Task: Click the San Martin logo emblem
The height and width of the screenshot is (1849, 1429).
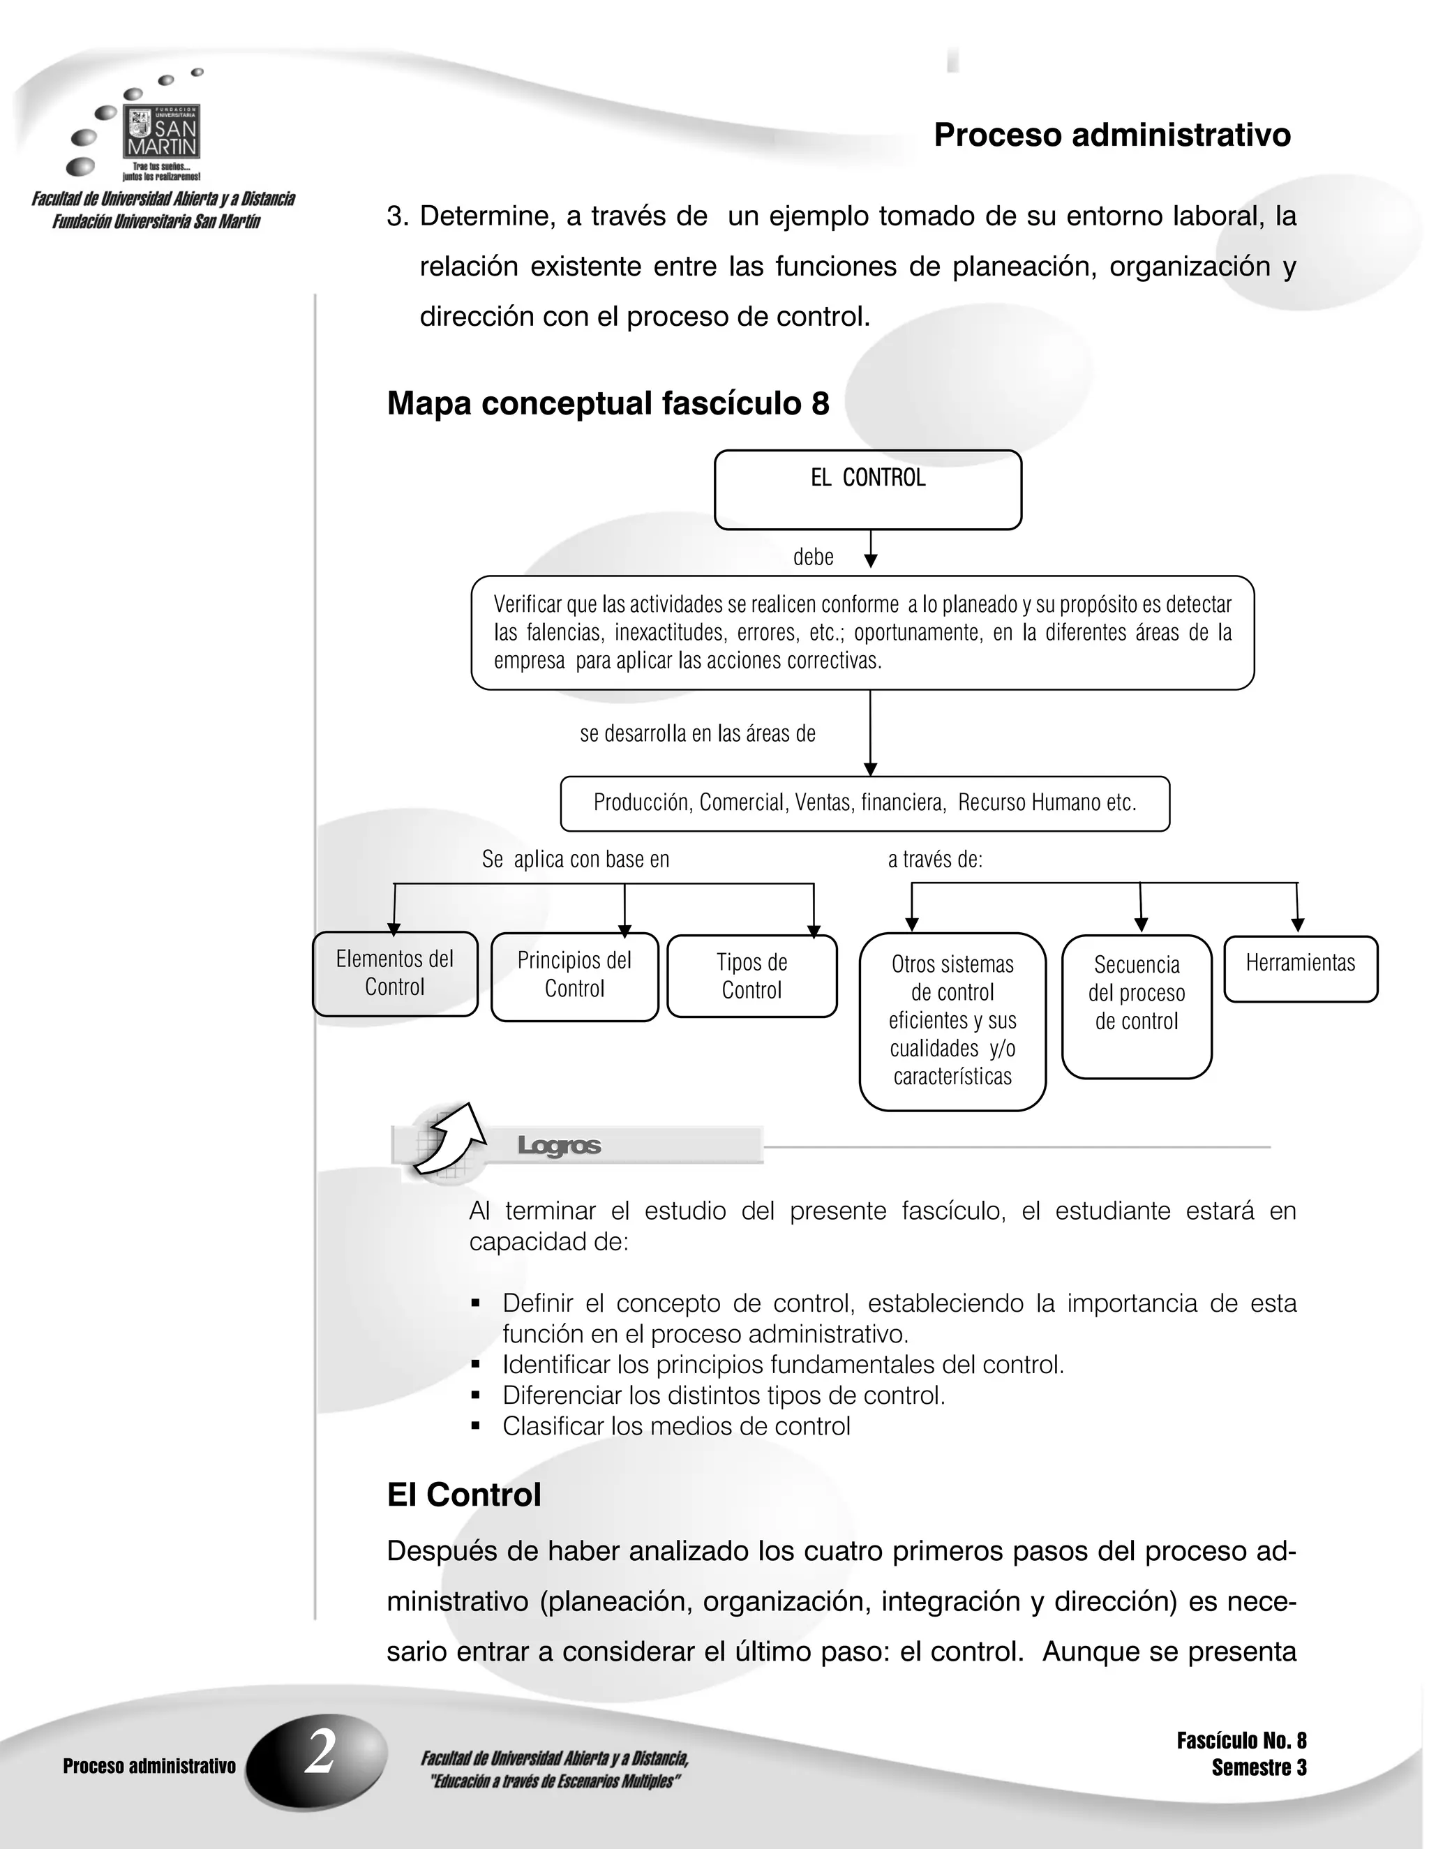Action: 162,132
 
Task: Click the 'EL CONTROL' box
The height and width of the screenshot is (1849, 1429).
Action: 868,489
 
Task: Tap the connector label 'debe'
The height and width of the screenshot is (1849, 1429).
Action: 813,557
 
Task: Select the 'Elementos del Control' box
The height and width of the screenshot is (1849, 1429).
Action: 394,973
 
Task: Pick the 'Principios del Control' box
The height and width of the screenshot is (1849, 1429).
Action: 574,976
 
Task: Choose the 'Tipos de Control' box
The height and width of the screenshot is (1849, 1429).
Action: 751,976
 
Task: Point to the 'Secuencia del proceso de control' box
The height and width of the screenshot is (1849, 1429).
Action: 1136,1005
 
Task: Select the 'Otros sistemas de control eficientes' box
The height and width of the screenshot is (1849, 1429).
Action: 952,1021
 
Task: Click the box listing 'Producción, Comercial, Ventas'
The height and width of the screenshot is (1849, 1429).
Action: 865,803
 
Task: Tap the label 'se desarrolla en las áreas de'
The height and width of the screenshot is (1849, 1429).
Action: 698,733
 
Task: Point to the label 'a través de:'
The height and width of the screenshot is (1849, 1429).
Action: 934,860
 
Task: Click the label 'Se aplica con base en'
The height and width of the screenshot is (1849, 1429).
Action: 576,860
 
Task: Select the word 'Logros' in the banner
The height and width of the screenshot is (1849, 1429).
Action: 559,1146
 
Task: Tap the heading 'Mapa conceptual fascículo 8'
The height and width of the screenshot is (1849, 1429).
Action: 608,404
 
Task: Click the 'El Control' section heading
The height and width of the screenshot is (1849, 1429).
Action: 463,1495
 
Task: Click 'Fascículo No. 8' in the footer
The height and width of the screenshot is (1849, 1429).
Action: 1241,1741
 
